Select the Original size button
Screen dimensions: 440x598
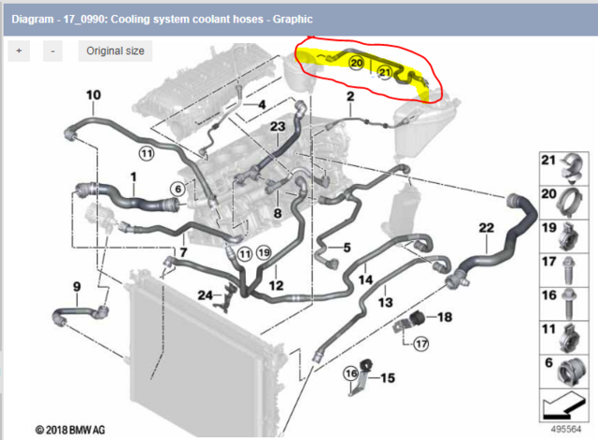(x=115, y=50)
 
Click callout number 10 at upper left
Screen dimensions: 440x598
(x=93, y=94)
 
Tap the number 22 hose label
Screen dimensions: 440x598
(x=486, y=228)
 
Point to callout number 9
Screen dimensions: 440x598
(x=77, y=286)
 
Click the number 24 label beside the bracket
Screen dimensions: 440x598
(x=205, y=295)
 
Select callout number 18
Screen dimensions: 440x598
(x=444, y=318)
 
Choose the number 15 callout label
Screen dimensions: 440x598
(x=387, y=377)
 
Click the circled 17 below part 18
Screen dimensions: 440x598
(x=420, y=343)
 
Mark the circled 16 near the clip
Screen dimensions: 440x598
(x=351, y=375)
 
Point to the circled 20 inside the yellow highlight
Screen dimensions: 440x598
(x=356, y=63)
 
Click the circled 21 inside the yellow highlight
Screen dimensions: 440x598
(x=384, y=71)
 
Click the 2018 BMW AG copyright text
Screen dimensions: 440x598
(x=70, y=431)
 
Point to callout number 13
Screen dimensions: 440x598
(x=386, y=304)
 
